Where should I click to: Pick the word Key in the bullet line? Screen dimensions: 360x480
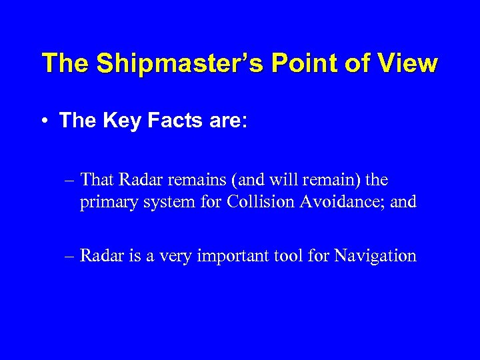(123, 121)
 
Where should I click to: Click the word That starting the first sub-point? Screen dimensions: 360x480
(99, 180)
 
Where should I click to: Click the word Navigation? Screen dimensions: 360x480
(375, 255)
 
